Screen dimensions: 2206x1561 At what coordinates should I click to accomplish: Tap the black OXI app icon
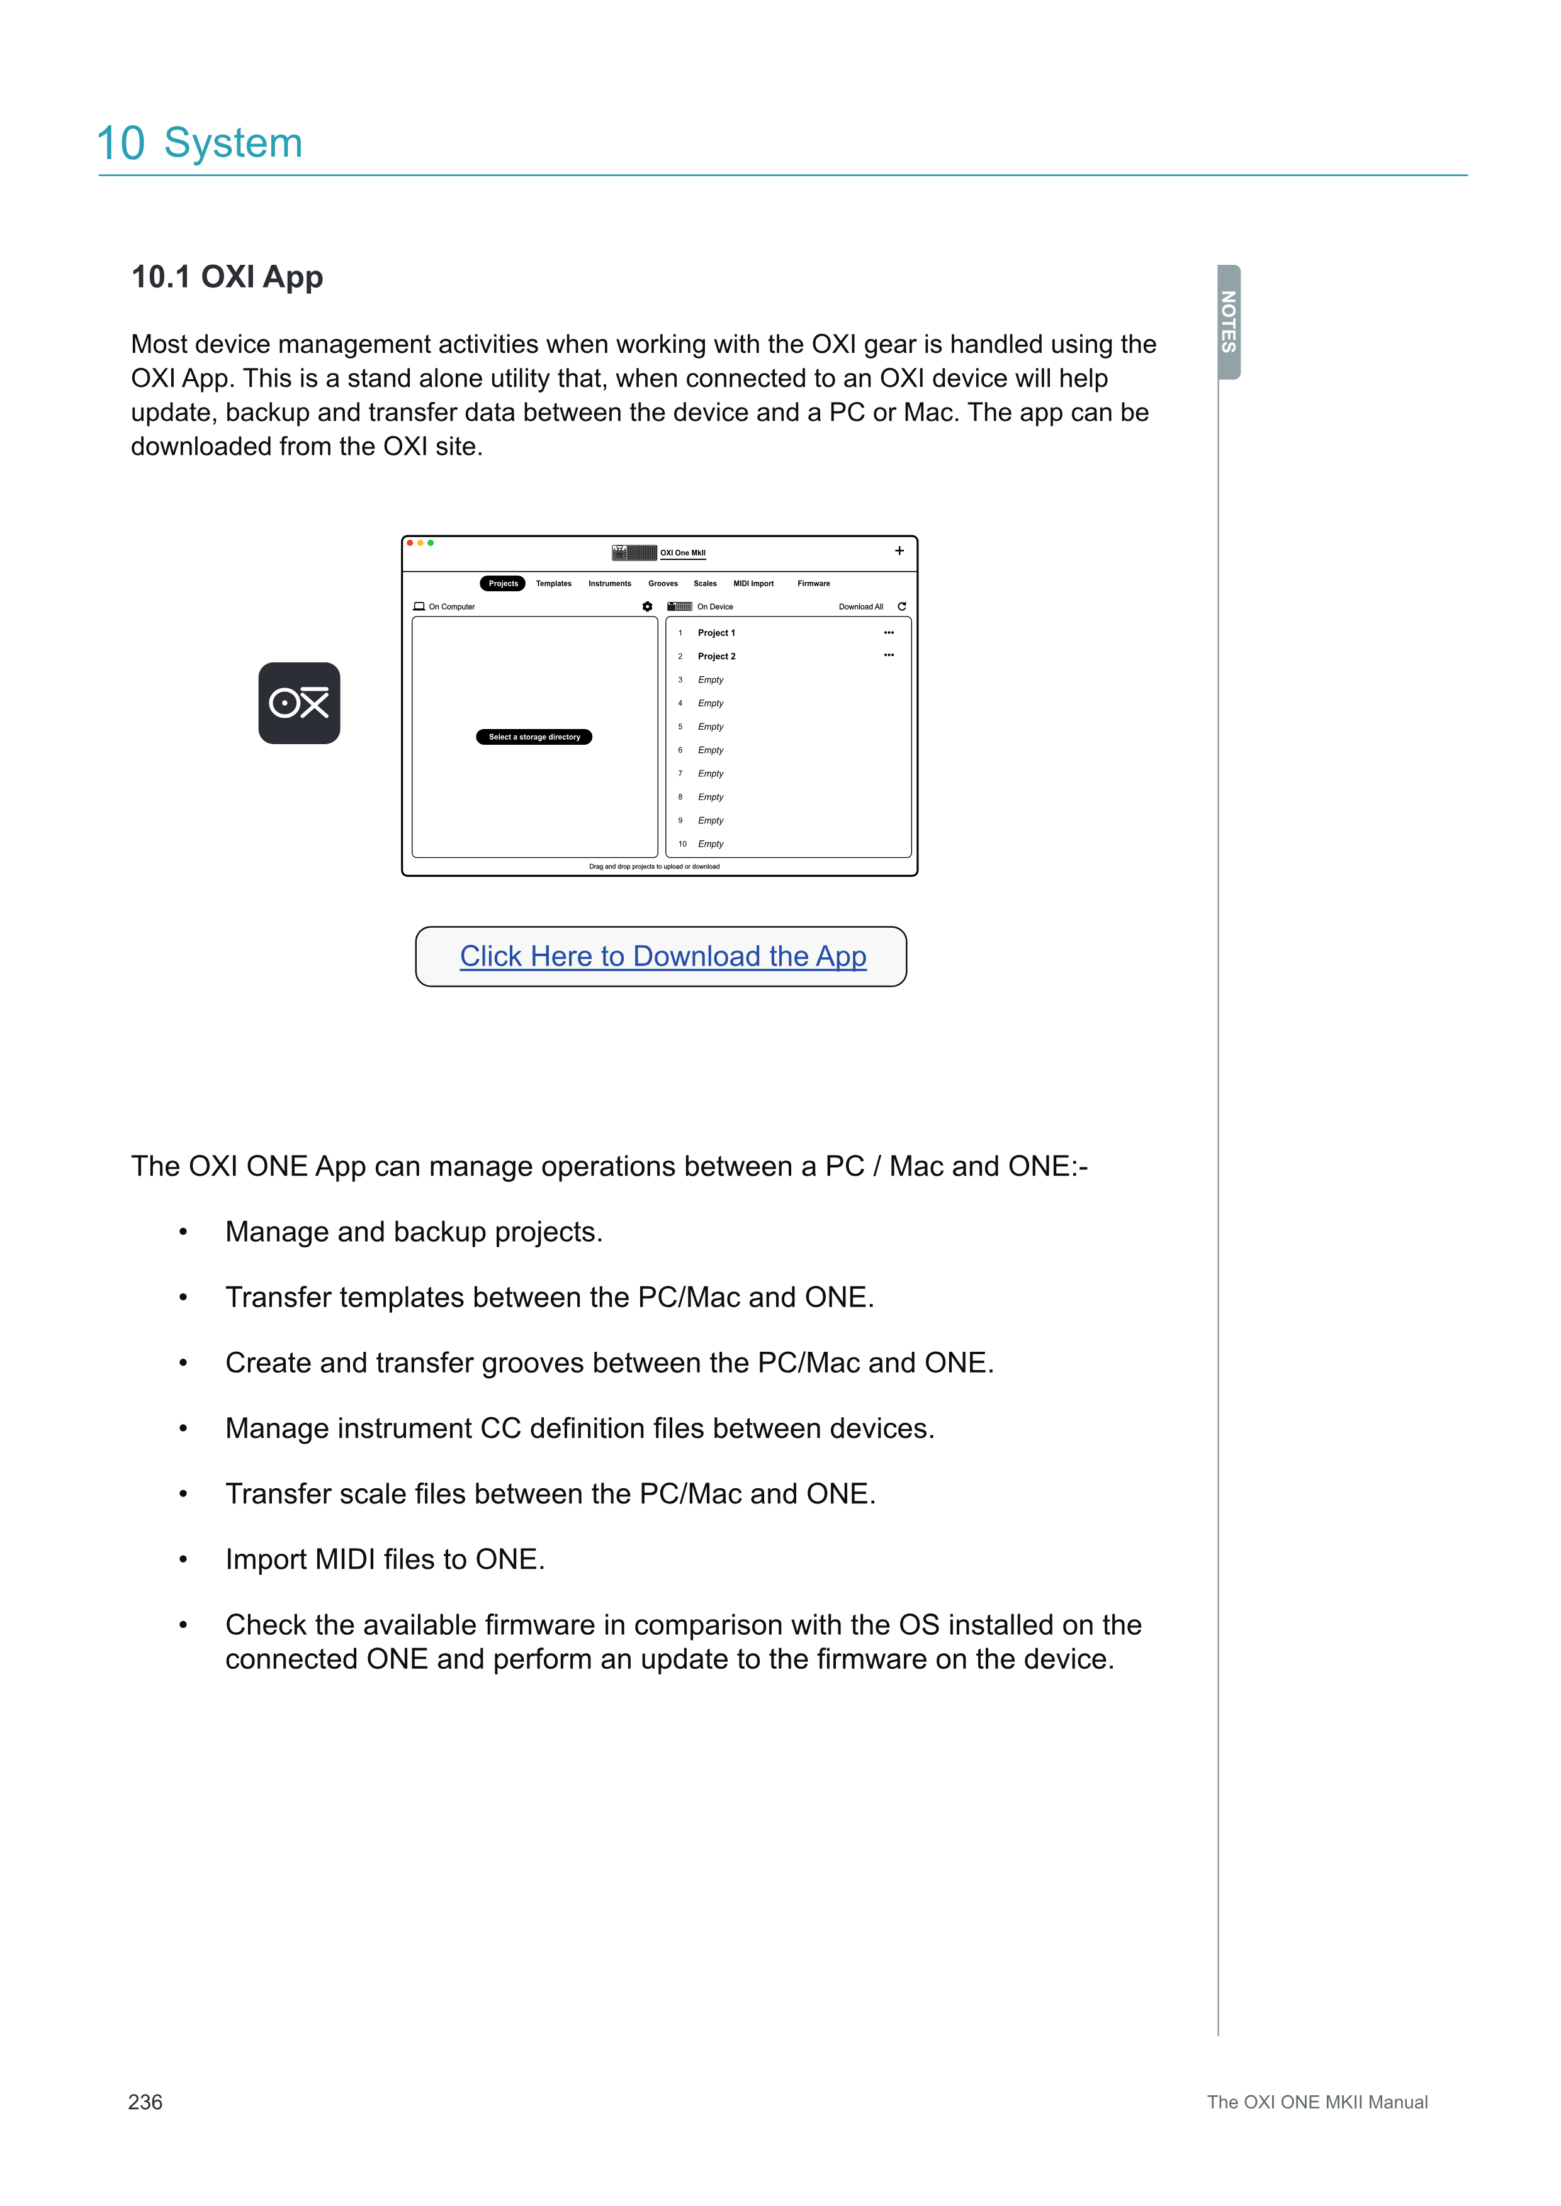click(x=299, y=703)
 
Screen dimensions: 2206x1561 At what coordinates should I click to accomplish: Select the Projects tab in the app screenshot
click(x=503, y=583)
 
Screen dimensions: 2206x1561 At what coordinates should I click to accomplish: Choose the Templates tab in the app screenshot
click(x=554, y=583)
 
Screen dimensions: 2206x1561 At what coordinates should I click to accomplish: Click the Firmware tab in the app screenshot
click(x=813, y=583)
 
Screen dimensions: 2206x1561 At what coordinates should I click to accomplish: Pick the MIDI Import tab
click(x=753, y=583)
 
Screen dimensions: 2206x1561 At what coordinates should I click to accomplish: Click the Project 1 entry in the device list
click(x=716, y=633)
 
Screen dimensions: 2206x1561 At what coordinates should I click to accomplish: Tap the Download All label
click(x=860, y=607)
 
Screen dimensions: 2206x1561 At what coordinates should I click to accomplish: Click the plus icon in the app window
click(x=899, y=550)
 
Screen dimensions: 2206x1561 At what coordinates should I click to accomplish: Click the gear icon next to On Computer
click(x=648, y=607)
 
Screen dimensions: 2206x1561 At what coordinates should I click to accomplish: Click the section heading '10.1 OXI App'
click(x=227, y=277)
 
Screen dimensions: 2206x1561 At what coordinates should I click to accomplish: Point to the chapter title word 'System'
click(x=233, y=143)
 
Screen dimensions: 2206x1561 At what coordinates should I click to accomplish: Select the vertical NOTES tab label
click(x=1229, y=322)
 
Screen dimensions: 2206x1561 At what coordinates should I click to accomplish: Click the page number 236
click(x=145, y=2102)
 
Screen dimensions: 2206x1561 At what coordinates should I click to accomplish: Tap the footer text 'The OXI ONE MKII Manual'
click(x=1317, y=2102)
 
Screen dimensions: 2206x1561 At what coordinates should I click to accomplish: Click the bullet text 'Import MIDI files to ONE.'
click(x=385, y=1559)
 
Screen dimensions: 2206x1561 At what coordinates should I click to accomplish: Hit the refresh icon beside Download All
click(x=901, y=606)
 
